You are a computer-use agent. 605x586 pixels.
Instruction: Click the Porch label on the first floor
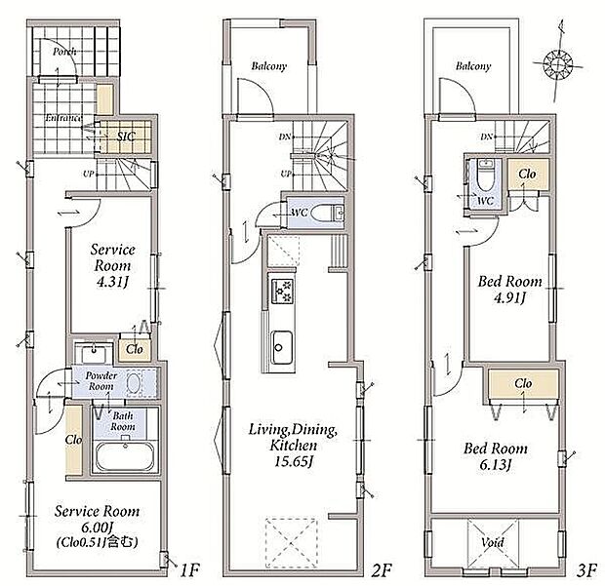(x=65, y=52)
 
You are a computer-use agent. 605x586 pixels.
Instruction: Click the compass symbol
(x=560, y=64)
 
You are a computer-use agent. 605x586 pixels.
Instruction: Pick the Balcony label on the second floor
(x=269, y=66)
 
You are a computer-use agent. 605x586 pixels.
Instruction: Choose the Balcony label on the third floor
(x=472, y=66)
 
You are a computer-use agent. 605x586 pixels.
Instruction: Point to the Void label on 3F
(x=493, y=542)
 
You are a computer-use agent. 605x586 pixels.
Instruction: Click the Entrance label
(x=61, y=118)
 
